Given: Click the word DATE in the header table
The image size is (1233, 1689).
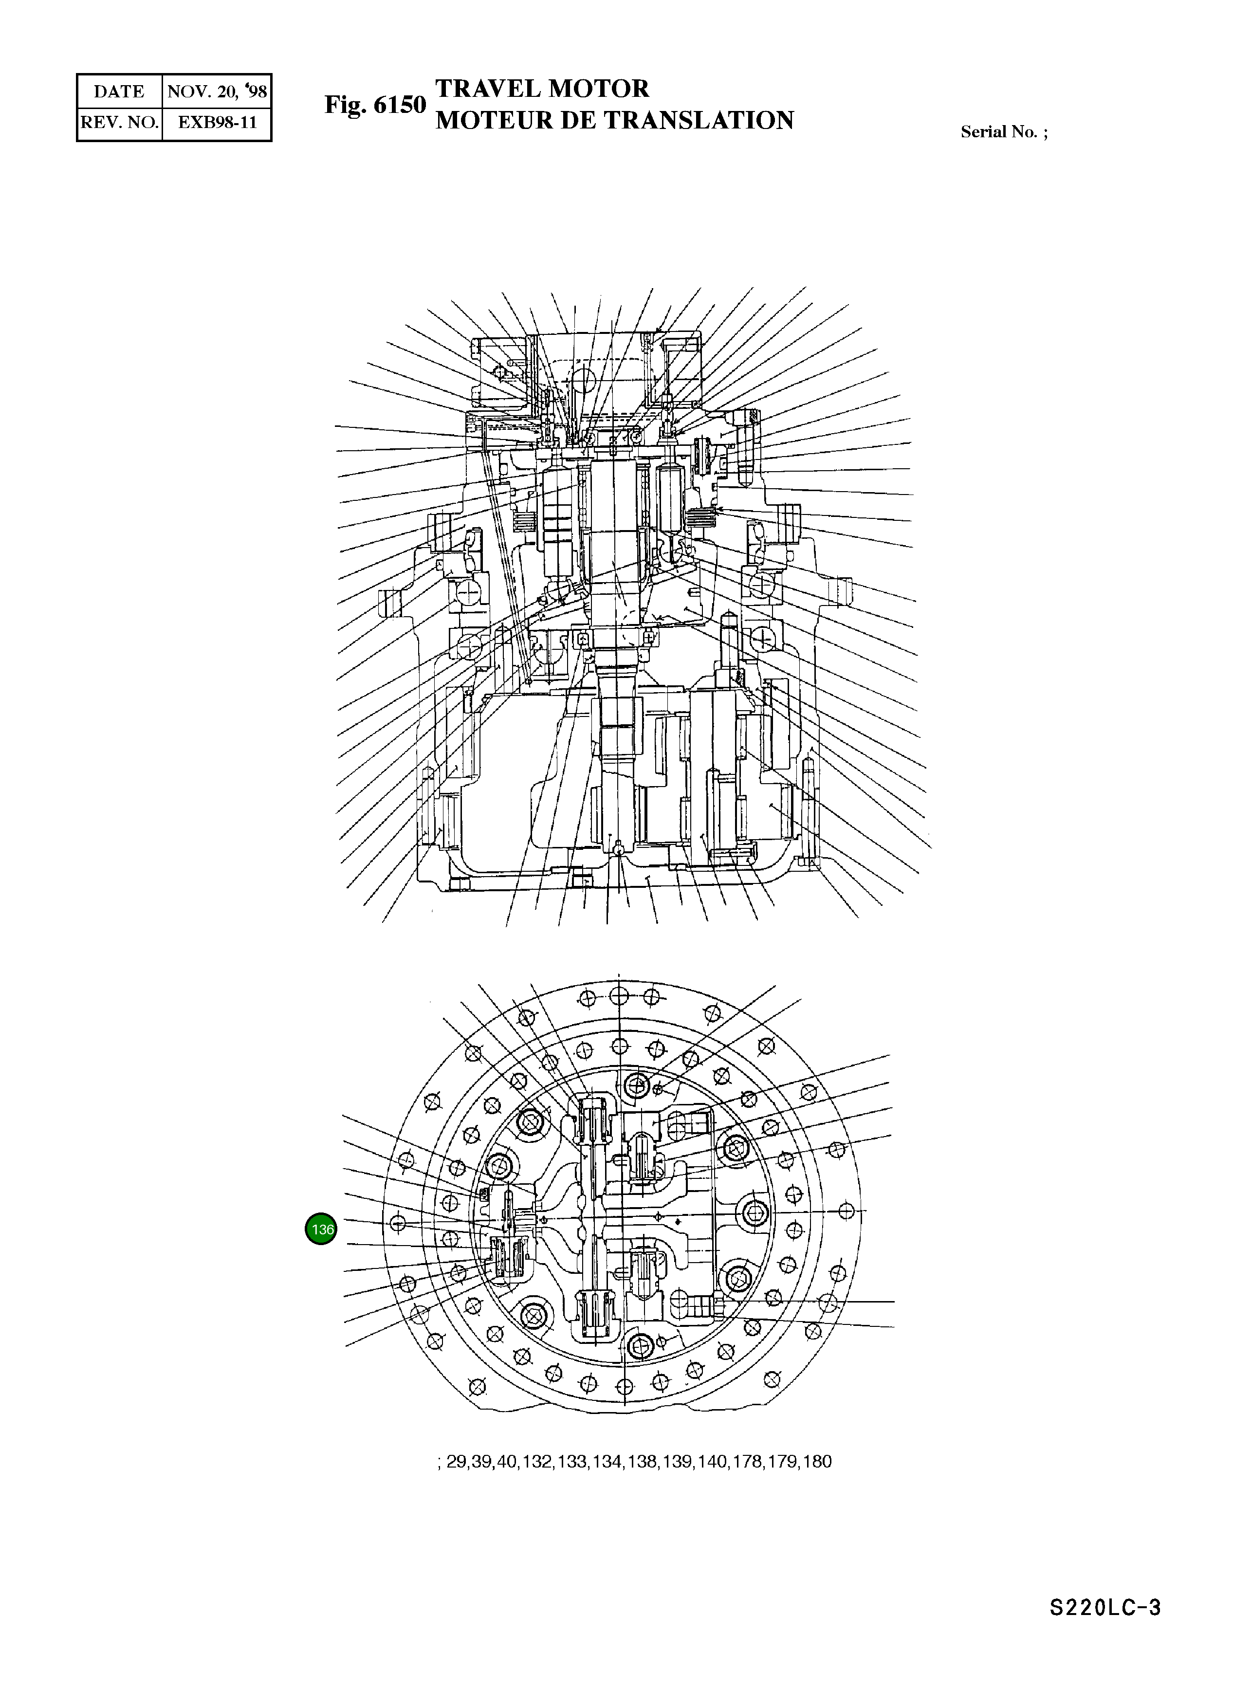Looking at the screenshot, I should [x=119, y=92].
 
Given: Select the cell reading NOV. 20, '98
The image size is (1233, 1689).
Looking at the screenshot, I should [x=217, y=92].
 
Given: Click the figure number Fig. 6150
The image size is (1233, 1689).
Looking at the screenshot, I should [x=375, y=105].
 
